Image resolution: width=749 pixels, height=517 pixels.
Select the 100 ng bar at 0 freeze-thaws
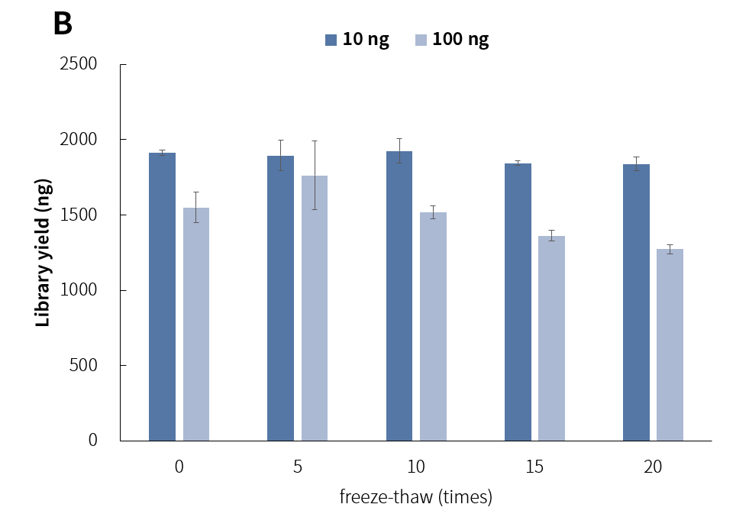[x=196, y=324]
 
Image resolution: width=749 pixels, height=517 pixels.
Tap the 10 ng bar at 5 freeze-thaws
[x=280, y=298]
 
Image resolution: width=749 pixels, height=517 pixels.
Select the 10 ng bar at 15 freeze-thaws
[x=518, y=302]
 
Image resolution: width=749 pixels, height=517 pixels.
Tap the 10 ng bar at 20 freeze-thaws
[x=636, y=302]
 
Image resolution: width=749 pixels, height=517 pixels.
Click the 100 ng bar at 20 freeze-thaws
[x=670, y=344]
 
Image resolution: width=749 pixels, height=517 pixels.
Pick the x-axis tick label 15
[x=534, y=467]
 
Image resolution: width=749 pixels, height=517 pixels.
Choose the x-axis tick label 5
[x=298, y=467]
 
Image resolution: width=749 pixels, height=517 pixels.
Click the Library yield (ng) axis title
[x=44, y=252]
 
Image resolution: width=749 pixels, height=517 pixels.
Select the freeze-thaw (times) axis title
[x=416, y=497]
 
